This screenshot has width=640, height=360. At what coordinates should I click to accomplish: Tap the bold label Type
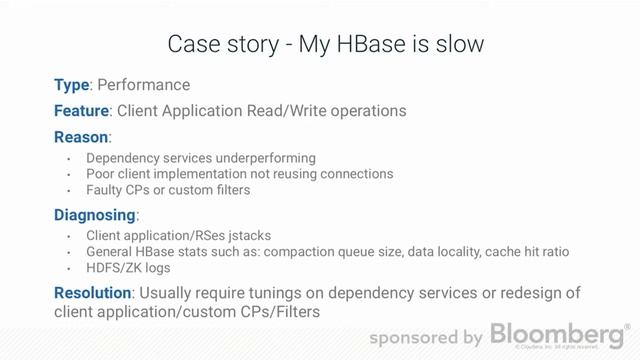[71, 85]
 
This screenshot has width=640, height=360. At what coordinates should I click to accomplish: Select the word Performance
[143, 85]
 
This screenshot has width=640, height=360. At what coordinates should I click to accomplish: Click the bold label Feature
[81, 111]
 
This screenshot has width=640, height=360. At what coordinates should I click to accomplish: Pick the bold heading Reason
[81, 136]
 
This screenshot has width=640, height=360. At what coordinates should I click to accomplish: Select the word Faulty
[106, 190]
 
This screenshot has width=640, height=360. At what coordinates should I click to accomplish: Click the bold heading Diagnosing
[95, 215]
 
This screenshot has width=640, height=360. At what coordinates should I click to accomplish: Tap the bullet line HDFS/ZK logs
[128, 268]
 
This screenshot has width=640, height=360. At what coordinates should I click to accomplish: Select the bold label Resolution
[92, 293]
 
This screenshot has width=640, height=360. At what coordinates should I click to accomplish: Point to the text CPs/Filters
[281, 312]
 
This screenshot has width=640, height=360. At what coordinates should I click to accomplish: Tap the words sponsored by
[426, 338]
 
